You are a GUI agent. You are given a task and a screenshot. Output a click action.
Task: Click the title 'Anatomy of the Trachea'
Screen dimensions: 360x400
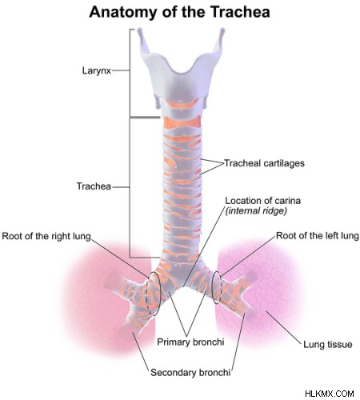[x=179, y=12]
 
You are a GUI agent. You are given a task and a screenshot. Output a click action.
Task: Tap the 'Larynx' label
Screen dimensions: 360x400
[x=97, y=70]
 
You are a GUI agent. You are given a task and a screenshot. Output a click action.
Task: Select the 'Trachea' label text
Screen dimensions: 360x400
[x=94, y=186]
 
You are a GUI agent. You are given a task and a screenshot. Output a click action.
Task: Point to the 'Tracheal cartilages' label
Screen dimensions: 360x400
[x=264, y=163]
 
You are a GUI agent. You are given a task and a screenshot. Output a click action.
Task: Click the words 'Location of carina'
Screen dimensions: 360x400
[x=263, y=201]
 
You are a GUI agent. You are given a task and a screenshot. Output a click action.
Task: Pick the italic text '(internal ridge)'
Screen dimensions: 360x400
[x=256, y=211]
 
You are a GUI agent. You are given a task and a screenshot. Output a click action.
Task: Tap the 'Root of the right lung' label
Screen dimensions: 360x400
[x=46, y=236]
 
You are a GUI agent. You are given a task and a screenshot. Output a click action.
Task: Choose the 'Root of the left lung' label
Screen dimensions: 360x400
[x=318, y=235]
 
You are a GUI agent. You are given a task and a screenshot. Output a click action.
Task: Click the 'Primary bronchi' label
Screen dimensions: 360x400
[x=190, y=342]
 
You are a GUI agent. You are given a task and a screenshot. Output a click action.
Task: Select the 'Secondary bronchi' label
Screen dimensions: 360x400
[x=190, y=372]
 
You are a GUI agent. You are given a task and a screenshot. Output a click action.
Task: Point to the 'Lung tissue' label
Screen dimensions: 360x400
[x=328, y=344]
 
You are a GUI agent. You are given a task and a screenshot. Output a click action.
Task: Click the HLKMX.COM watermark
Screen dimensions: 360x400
[x=330, y=394]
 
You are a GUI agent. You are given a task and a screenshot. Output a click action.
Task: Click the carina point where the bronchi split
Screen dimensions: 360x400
[x=183, y=287]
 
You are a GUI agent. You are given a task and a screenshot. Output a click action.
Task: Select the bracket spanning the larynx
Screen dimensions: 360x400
[x=130, y=73]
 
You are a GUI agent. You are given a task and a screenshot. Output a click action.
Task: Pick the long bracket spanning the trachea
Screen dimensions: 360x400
[x=130, y=187]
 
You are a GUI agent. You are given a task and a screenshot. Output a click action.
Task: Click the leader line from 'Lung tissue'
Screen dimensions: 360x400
[x=284, y=326]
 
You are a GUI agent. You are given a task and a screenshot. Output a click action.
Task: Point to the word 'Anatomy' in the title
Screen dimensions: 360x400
[x=122, y=13]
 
